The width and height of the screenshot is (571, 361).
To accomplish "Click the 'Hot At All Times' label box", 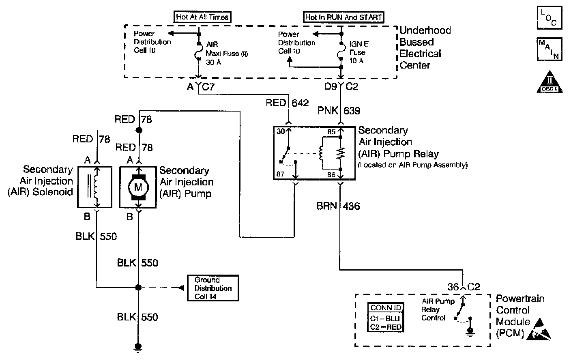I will [202, 17].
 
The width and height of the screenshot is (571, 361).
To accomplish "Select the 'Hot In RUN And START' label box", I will [343, 17].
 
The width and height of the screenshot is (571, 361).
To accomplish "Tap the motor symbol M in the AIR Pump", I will [138, 187].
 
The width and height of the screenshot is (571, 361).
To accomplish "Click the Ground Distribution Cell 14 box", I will [213, 288].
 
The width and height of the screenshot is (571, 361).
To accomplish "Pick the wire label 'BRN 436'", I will [338, 206].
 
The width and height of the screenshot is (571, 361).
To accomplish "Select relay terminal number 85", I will [332, 132].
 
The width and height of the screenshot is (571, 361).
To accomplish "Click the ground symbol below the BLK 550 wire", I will [138, 347].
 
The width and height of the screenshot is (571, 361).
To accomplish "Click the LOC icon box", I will [550, 17].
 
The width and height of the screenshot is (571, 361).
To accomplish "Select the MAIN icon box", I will [550, 49].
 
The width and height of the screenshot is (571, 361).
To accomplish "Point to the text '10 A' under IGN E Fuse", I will [356, 60].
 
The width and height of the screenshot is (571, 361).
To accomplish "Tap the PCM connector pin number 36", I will [453, 287].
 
